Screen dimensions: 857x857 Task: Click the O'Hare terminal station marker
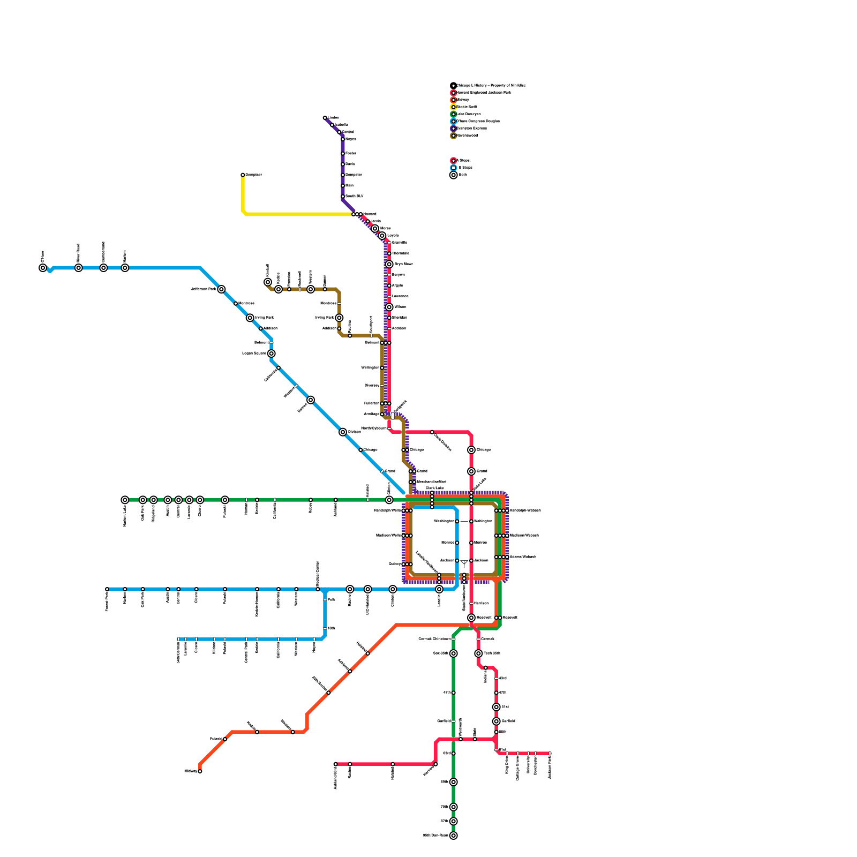(43, 268)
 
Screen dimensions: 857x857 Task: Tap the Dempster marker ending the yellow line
(243, 175)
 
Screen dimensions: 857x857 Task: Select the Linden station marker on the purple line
(325, 118)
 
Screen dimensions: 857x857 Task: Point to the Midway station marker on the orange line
(200, 771)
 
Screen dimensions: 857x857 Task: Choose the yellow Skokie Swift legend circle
(454, 107)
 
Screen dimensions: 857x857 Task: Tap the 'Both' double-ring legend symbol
(454, 175)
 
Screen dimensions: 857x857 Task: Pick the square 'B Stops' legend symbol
(454, 168)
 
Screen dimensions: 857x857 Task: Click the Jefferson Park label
(204, 289)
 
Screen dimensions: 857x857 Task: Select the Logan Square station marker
(272, 354)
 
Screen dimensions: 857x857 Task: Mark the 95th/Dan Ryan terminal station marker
(454, 836)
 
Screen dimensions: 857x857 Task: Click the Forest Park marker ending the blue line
(107, 589)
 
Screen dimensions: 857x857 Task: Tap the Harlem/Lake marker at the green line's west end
(125, 500)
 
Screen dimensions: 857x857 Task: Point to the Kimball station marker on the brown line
(268, 282)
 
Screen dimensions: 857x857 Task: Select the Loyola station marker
(382, 236)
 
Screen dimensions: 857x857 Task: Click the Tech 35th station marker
(478, 653)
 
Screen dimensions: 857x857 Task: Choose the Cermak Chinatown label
(434, 639)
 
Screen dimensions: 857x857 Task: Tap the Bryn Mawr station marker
(389, 264)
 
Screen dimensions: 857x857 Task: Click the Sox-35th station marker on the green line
(454, 653)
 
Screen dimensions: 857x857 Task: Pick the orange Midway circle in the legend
(454, 100)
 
